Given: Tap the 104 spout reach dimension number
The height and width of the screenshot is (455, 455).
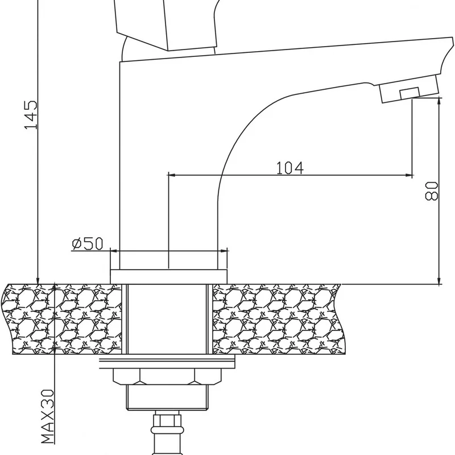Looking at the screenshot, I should [290, 168].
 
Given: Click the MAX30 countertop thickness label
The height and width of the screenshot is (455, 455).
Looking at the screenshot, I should [47, 416].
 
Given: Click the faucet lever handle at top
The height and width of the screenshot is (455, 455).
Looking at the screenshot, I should [165, 23].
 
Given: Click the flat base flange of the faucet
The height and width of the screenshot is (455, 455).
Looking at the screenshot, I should [168, 276].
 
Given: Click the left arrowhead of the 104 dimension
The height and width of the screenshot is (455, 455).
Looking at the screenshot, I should [171, 175].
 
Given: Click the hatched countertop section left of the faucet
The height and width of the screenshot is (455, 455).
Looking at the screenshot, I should [63, 318].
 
